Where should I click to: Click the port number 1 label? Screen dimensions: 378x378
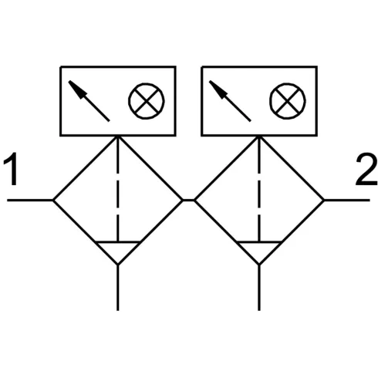pos(12,169)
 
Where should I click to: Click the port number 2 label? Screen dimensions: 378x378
pos(366,169)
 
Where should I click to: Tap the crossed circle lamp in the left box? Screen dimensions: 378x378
pos(147,101)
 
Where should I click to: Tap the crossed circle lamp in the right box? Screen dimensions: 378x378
pos(288,101)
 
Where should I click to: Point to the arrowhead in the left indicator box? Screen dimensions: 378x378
pos(77,89)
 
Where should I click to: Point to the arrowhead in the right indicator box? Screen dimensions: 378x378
pos(218,89)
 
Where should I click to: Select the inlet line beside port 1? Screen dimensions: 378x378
pos(30,200)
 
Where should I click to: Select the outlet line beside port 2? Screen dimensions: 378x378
pos(347,200)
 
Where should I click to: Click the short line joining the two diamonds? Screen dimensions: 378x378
pos(188,200)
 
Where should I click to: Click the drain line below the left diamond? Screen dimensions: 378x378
pos(118,288)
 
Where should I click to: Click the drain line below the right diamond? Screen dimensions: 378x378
pos(259,288)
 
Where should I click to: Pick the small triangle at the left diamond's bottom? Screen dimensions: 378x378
pos(118,250)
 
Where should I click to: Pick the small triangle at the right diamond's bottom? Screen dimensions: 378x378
pos(259,250)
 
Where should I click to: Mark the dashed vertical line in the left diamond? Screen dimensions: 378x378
pos(118,189)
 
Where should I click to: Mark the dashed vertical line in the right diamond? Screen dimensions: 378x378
pos(259,189)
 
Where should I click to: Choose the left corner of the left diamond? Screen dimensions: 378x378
pos(53,200)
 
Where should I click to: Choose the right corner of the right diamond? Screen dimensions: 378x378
pos(324,200)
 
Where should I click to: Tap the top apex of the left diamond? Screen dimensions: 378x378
pos(118,137)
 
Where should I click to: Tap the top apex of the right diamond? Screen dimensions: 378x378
pos(259,137)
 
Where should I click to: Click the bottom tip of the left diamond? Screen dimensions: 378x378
pos(118,265)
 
